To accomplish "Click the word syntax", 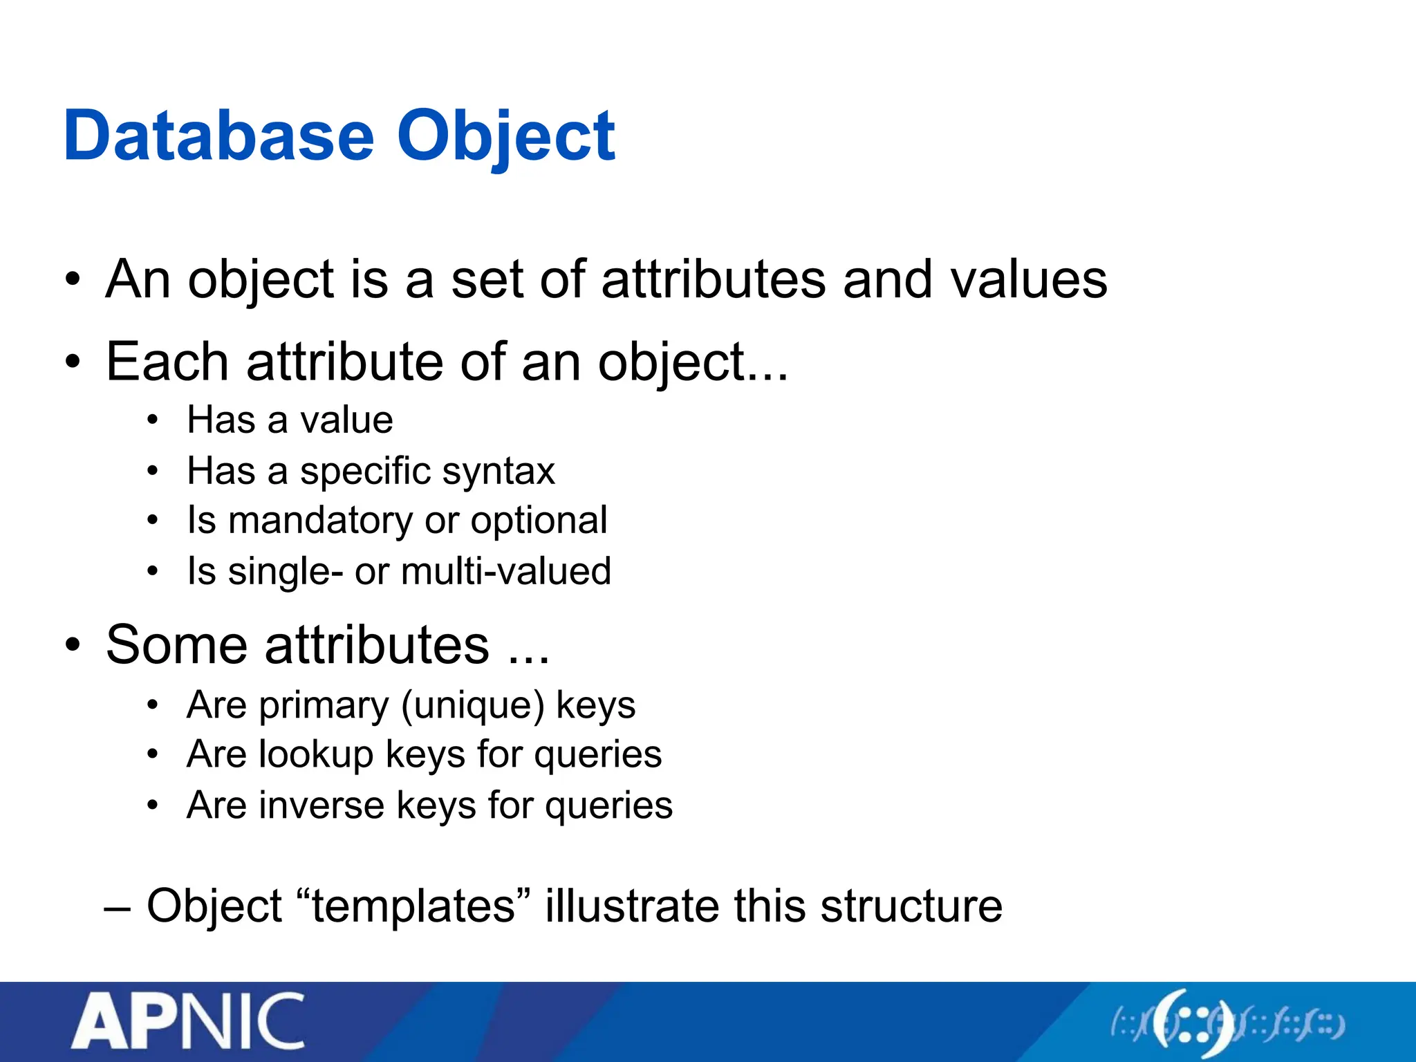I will (x=499, y=472).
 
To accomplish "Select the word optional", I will (x=539, y=521).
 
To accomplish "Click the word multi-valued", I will (x=505, y=572).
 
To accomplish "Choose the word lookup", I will (x=315, y=754).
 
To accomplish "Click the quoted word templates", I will (x=413, y=906).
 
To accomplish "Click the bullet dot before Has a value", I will (x=153, y=420).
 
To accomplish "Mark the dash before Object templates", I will (x=117, y=907).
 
